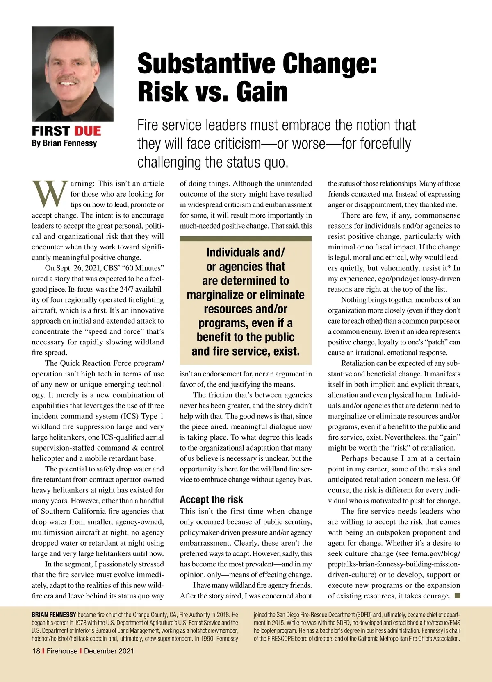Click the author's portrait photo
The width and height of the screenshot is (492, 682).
coord(73,74)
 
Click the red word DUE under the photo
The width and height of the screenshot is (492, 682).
coord(87,131)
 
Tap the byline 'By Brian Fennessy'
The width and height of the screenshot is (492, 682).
coord(64,143)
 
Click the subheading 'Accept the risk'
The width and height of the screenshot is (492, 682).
coord(211,500)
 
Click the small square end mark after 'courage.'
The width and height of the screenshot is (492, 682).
coord(457,596)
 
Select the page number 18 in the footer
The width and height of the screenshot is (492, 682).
coord(36,651)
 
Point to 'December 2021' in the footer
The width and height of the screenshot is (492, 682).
coord(109,651)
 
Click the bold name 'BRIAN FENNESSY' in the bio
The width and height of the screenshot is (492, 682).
coord(54,615)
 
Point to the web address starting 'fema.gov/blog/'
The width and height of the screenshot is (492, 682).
coord(435,553)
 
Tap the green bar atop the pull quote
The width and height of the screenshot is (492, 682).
coord(246,238)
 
